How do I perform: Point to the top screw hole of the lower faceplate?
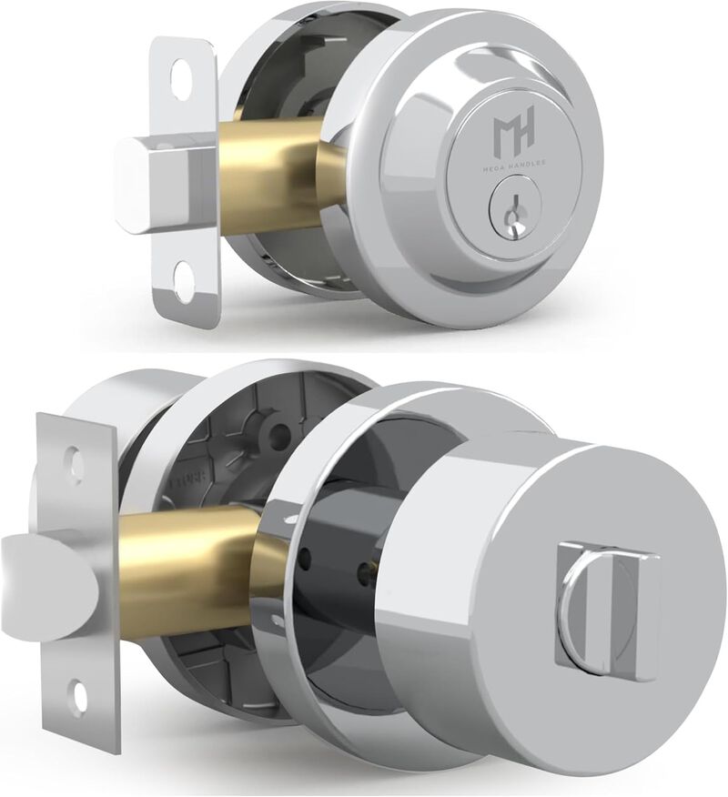75,465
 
